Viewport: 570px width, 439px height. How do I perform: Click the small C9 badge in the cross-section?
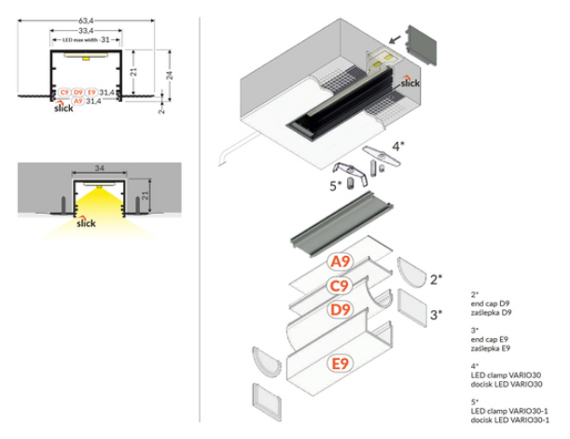pos(64,92)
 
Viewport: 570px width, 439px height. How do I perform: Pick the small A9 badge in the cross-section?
pos(78,101)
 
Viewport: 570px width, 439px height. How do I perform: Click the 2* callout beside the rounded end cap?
pos(436,278)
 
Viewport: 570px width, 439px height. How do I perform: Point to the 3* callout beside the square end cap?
pos(436,316)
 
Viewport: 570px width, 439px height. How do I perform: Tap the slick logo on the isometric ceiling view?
pos(410,81)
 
